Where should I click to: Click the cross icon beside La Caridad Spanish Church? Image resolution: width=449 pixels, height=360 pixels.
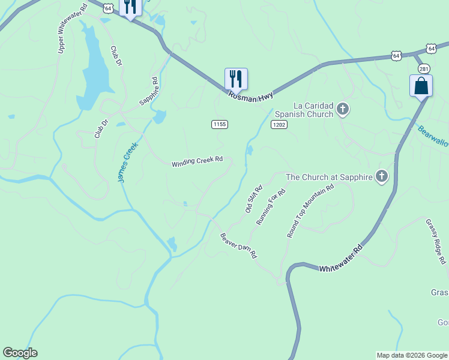[x=343, y=109]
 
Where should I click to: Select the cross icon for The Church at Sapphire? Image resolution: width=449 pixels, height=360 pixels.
[x=381, y=176]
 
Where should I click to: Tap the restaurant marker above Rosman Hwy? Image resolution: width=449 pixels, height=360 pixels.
[x=236, y=79]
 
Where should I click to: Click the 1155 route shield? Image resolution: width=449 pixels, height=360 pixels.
[x=219, y=124]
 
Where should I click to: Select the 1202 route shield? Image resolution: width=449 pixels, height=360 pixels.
[x=279, y=124]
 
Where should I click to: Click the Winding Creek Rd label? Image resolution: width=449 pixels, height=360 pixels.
[x=197, y=162]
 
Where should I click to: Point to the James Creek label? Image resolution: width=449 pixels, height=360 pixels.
[x=127, y=162]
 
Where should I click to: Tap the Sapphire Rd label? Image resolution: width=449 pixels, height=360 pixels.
[x=148, y=92]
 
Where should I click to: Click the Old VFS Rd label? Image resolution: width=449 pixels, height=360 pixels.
[x=251, y=198]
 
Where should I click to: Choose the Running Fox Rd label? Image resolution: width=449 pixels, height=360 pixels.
[x=271, y=206]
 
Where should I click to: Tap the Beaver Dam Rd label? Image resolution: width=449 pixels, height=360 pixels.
[x=238, y=245]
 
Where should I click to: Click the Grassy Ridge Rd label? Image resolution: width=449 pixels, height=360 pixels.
[x=436, y=241]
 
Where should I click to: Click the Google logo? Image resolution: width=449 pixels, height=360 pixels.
[x=20, y=353]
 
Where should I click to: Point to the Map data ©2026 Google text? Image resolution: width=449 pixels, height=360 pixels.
[x=411, y=355]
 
